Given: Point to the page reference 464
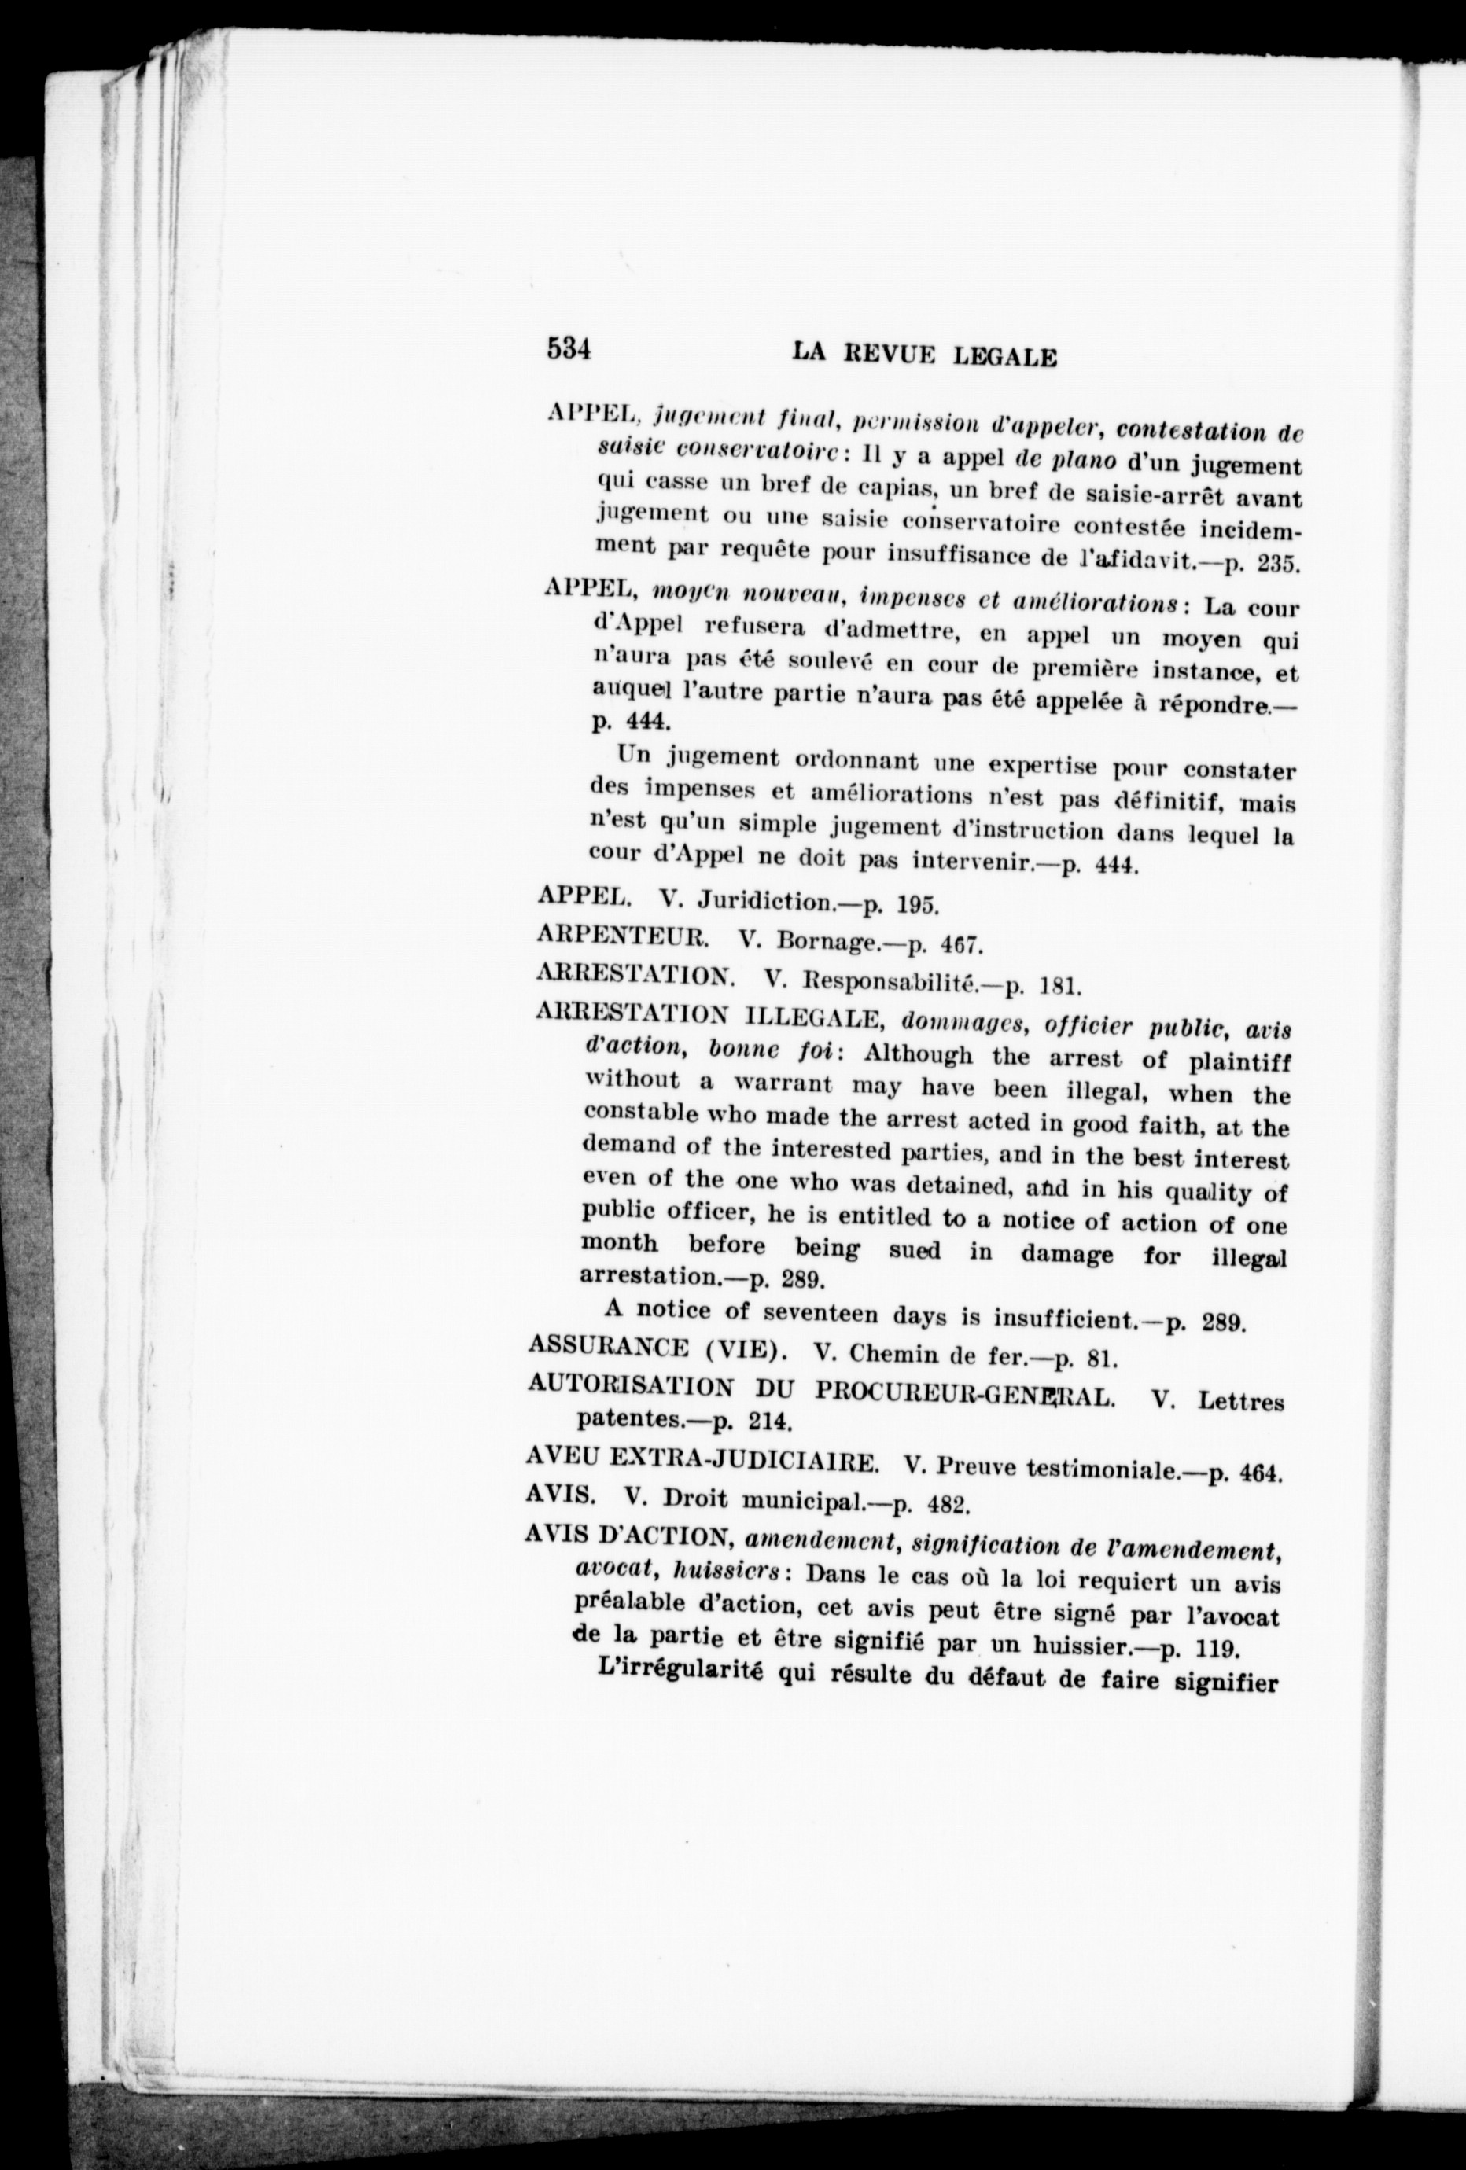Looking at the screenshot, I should (1262, 1473).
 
